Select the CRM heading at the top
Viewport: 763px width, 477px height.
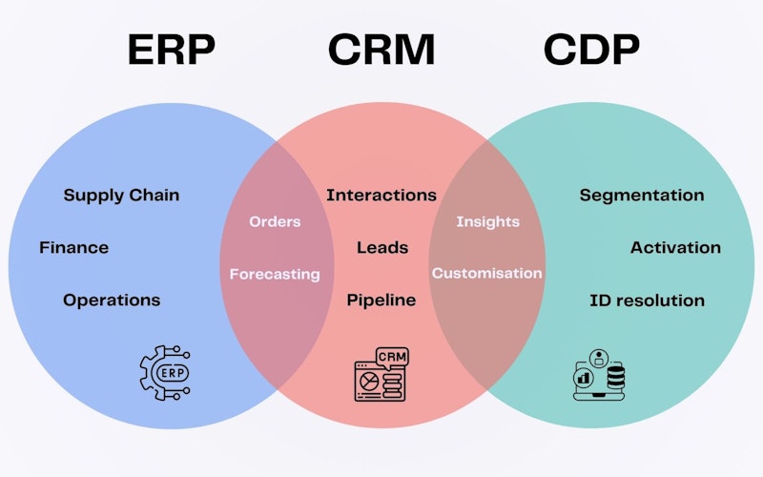(x=381, y=50)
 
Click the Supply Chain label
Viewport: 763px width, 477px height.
(x=121, y=196)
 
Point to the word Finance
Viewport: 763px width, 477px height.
(x=73, y=248)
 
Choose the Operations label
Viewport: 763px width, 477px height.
(x=112, y=301)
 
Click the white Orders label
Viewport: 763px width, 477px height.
(x=275, y=222)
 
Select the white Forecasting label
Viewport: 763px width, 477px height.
(x=275, y=275)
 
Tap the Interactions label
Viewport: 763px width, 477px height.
(x=381, y=196)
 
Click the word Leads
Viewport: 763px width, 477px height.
(x=382, y=248)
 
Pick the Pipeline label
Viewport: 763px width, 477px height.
(x=381, y=301)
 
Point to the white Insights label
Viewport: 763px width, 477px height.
(x=487, y=222)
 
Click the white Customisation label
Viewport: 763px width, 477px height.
(x=486, y=274)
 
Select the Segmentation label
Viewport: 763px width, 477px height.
(x=642, y=196)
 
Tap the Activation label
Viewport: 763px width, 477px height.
(x=675, y=248)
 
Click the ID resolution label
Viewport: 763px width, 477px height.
(x=647, y=301)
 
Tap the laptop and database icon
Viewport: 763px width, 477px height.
(x=598, y=374)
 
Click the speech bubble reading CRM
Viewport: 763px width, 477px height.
(x=393, y=357)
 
